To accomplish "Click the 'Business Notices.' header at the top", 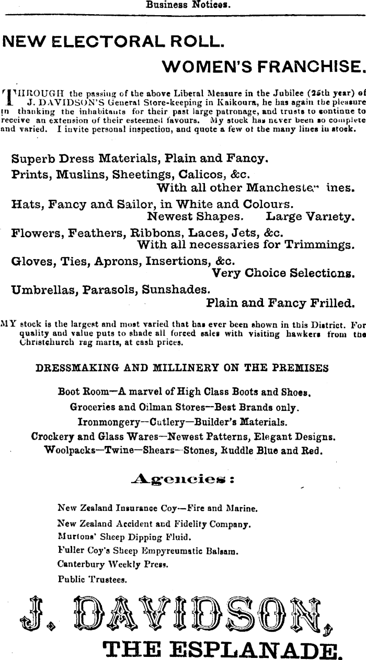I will (188, 6).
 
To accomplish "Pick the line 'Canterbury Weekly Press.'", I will (113, 565).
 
